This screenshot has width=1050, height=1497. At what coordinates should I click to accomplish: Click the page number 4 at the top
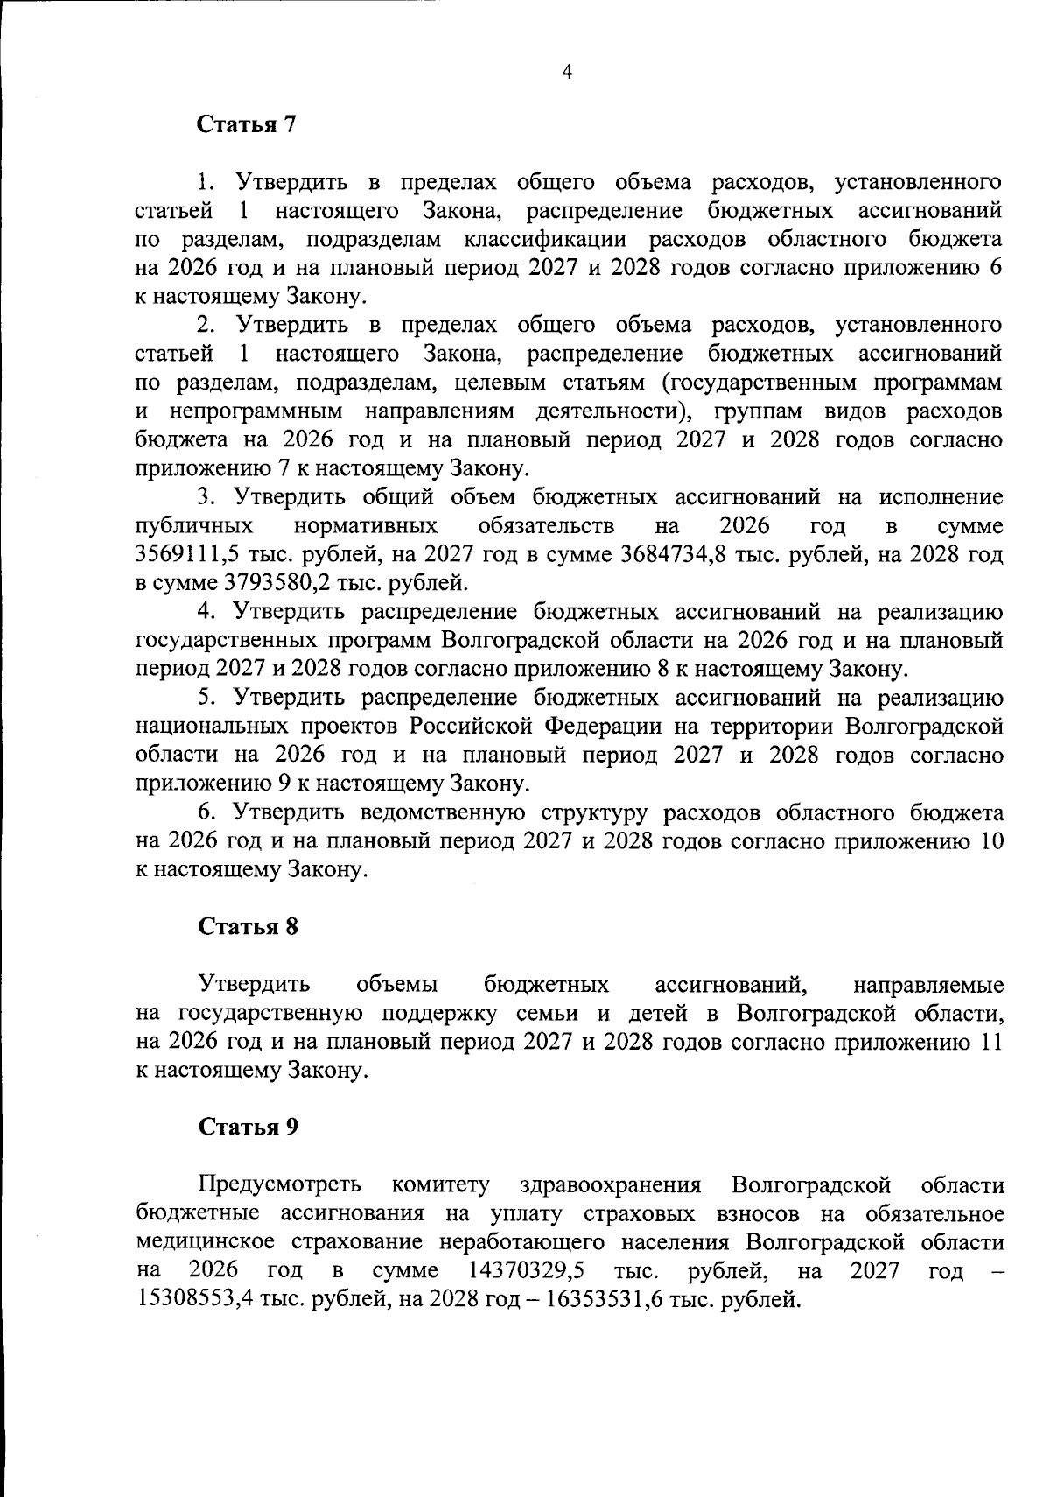pos(566,74)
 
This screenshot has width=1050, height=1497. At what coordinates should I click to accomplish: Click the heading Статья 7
pos(248,124)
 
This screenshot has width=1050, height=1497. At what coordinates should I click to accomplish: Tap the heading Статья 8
pos(248,926)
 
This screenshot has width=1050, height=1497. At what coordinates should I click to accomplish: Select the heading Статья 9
pos(248,1127)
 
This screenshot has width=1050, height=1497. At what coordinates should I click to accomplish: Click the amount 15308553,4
pos(193,1298)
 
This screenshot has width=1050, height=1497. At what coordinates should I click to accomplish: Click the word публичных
pos(195,526)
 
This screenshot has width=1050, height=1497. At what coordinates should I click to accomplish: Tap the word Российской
pos(470,727)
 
